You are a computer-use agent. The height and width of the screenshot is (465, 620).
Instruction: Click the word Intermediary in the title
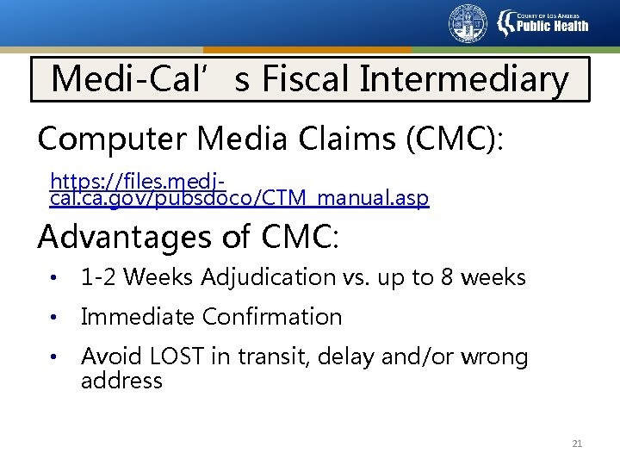pyautogui.click(x=464, y=80)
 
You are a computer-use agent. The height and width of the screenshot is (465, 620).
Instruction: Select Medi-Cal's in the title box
pyautogui.click(x=151, y=80)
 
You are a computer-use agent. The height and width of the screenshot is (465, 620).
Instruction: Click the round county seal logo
pyautogui.click(x=468, y=23)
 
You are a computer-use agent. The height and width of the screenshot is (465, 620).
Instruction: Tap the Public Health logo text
pyautogui.click(x=552, y=25)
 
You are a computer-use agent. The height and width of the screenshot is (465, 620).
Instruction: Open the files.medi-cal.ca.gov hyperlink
pyautogui.click(x=239, y=190)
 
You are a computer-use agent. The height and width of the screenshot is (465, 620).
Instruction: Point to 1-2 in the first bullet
pyautogui.click(x=96, y=277)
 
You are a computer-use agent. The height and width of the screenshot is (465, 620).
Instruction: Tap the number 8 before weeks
pyautogui.click(x=450, y=277)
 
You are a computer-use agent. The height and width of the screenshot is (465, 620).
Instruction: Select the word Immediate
pyautogui.click(x=138, y=317)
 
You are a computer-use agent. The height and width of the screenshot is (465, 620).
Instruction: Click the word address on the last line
pyautogui.click(x=121, y=381)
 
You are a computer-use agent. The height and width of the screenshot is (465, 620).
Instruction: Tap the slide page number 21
pyautogui.click(x=577, y=444)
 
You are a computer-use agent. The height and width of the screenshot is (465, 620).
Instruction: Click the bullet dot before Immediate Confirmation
pyautogui.click(x=53, y=318)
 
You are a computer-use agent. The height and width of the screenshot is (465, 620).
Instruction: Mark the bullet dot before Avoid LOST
pyautogui.click(x=53, y=357)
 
